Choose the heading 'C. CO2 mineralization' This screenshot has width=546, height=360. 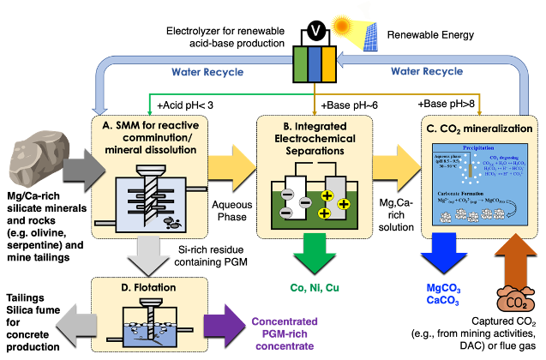(479, 129)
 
